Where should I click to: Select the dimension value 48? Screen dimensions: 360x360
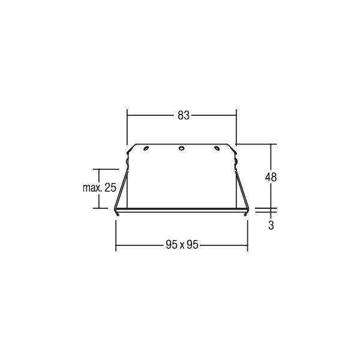click(271, 177)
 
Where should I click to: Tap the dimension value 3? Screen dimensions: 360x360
click(271, 226)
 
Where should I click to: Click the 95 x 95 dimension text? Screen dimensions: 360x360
click(182, 245)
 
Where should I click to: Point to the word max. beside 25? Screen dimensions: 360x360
click(92, 188)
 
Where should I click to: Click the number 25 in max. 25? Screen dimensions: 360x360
click(110, 188)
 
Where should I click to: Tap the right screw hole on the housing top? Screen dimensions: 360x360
click(218, 149)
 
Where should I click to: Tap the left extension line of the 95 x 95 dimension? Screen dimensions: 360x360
click(115, 234)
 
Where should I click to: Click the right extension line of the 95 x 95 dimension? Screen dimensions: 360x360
click(247, 234)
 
